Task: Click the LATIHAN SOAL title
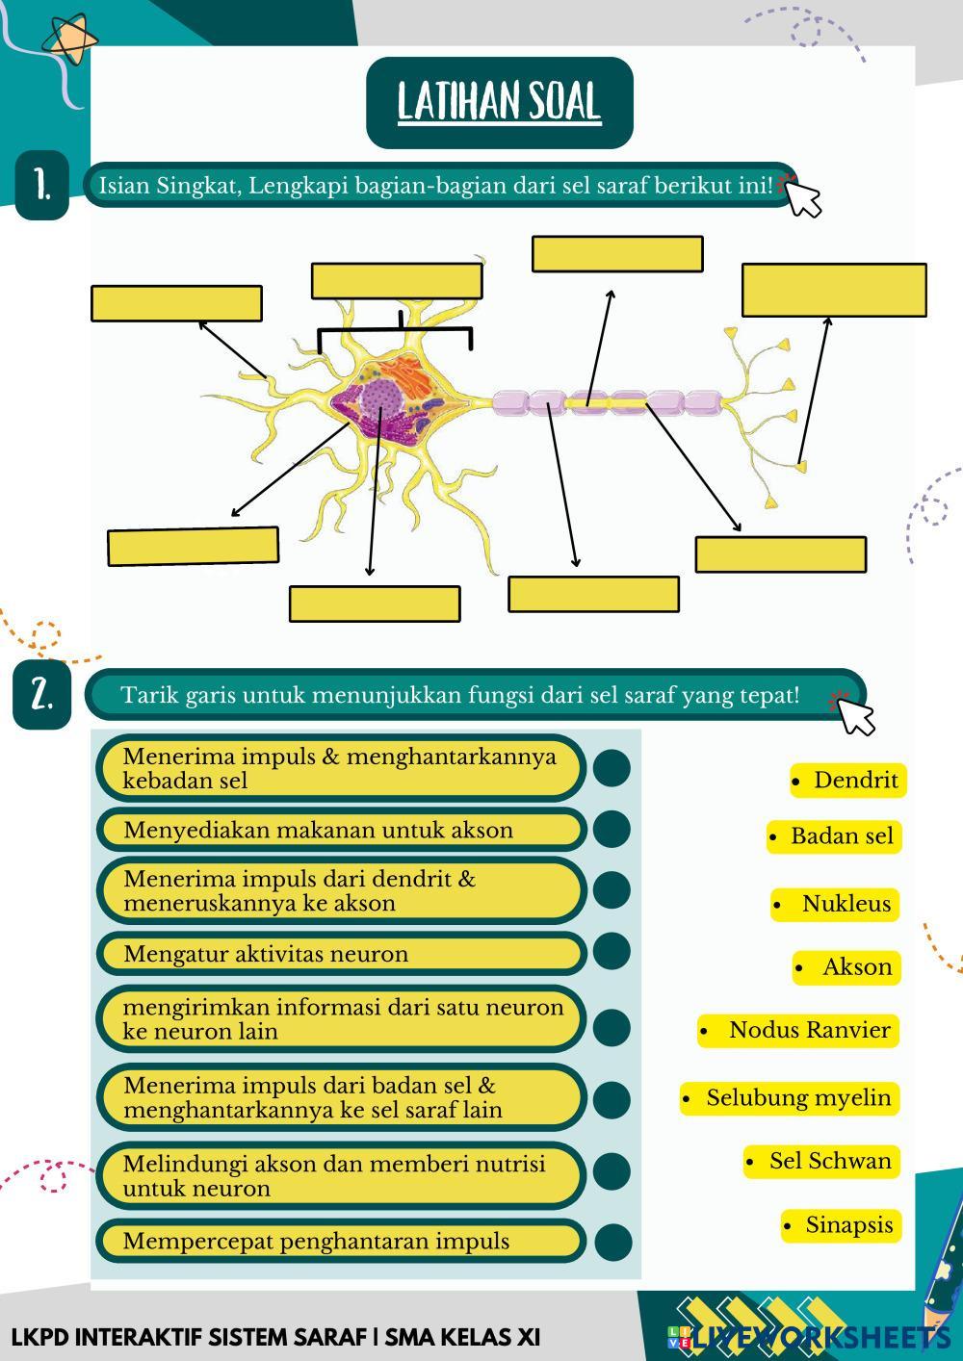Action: (x=500, y=102)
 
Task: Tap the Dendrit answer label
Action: (x=848, y=781)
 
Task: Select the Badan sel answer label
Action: (x=834, y=836)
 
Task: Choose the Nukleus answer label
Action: (x=835, y=904)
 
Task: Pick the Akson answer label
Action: (x=846, y=966)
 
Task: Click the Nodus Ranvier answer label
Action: (x=798, y=1030)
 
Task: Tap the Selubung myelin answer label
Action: (x=789, y=1098)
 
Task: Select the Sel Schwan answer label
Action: (x=821, y=1161)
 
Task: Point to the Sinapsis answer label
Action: (x=841, y=1224)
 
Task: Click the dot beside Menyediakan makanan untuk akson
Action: (x=612, y=830)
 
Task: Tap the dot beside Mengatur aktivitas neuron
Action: (x=612, y=951)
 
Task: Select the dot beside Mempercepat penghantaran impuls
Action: (x=613, y=1242)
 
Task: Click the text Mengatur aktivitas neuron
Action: (x=266, y=954)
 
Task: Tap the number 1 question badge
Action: (x=42, y=185)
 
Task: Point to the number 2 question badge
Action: (x=42, y=695)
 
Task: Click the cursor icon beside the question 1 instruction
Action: (x=801, y=196)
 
